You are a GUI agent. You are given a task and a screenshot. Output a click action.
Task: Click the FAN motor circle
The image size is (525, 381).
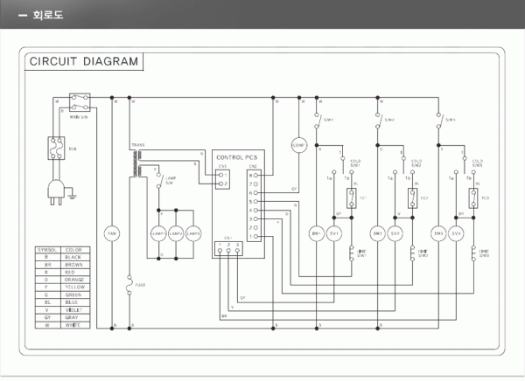pos(111,233)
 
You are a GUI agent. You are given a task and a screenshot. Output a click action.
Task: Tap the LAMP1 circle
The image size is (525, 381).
pos(159,233)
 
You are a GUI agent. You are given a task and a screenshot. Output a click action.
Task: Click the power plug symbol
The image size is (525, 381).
pos(55,190)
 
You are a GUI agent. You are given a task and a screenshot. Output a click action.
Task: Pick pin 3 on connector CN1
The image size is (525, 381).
pos(240,251)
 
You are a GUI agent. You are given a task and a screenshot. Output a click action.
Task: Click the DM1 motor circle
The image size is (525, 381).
pos(316,233)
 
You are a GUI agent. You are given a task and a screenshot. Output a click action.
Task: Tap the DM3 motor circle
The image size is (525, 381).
pos(438,233)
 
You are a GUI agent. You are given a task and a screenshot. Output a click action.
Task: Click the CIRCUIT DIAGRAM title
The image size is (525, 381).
pos(84,61)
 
